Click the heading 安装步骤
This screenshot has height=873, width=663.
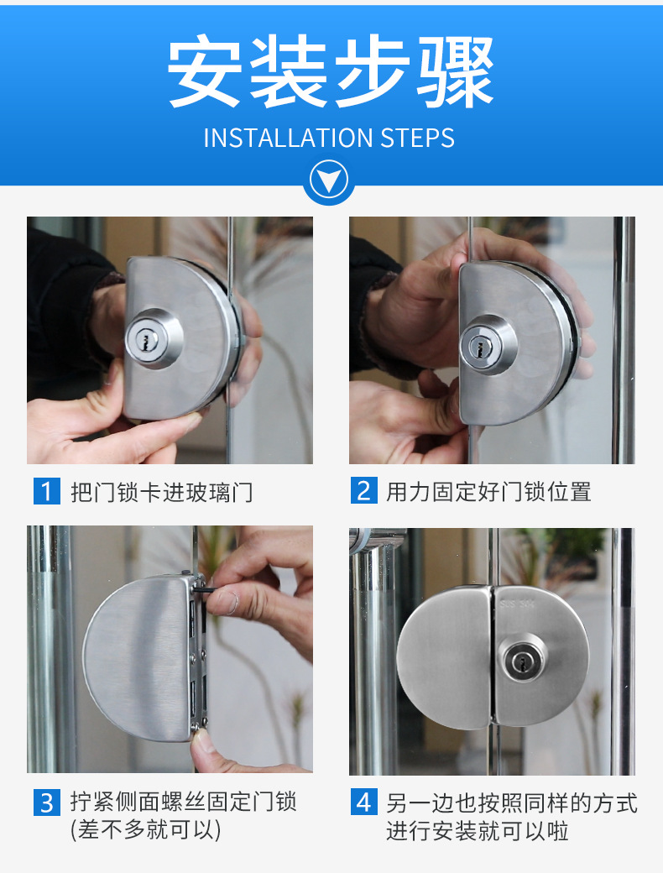[x=331, y=71]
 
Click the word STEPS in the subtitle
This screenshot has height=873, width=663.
[x=417, y=138]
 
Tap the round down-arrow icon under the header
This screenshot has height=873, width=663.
[x=329, y=180]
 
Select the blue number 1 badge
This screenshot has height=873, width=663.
[x=47, y=491]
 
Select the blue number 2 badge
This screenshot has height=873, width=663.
[x=364, y=490]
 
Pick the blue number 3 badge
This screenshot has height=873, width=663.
[x=47, y=802]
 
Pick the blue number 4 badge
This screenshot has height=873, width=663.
[x=364, y=802]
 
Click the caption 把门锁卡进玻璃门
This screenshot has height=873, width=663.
[x=161, y=492]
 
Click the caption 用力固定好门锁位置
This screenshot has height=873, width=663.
[x=488, y=492]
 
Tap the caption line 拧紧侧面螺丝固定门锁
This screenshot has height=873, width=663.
[x=183, y=802]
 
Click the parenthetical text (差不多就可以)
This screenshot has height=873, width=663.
[x=146, y=830]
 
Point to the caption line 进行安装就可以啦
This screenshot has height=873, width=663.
[x=478, y=831]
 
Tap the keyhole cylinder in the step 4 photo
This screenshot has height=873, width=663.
[x=523, y=661]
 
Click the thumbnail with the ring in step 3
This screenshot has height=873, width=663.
[x=229, y=602]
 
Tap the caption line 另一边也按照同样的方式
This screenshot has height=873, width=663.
[x=512, y=802]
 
